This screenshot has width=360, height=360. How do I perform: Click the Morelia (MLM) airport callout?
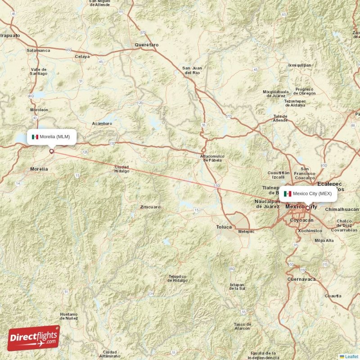tap(51, 137)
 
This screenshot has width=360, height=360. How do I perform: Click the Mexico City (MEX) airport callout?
tap(308, 193)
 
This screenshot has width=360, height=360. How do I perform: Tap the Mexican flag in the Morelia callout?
tap(35, 137)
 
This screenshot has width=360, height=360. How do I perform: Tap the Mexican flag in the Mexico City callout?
tap(287, 194)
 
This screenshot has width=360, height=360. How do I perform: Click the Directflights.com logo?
tap(33, 338)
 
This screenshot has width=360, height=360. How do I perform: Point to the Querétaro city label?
tap(147, 45)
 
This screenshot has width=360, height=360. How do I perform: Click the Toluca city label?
tap(224, 227)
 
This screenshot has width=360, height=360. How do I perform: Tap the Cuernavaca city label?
tap(301, 279)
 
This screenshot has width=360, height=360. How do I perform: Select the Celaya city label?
tap(82, 57)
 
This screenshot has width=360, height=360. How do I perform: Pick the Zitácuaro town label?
tap(150, 207)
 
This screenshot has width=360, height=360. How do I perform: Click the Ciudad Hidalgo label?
tap(121, 169)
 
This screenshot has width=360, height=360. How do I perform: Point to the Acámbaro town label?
tap(102, 123)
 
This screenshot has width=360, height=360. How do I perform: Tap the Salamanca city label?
tap(38, 50)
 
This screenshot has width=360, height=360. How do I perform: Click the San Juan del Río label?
tap(192, 70)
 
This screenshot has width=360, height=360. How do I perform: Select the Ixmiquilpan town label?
tap(299, 65)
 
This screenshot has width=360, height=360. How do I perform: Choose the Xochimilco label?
tap(310, 230)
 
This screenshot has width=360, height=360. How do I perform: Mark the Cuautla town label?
tap(333, 296)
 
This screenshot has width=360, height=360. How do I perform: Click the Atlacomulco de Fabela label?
tap(212, 158)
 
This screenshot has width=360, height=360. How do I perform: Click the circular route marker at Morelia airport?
tap(51, 152)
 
